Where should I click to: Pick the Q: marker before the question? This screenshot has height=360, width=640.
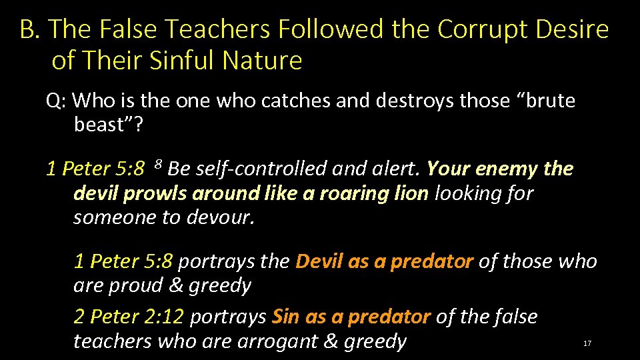(56, 101)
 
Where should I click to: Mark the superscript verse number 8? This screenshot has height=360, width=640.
(158, 164)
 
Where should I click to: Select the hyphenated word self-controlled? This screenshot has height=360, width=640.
(250, 169)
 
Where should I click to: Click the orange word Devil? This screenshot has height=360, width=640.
(319, 261)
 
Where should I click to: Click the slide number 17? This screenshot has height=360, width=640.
(587, 343)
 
